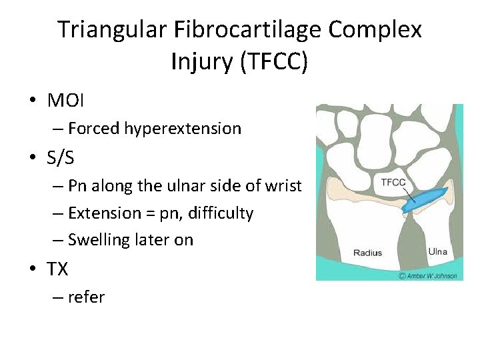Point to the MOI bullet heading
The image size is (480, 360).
(67, 101)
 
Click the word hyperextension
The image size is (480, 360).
(183, 129)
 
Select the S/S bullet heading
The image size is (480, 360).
(61, 158)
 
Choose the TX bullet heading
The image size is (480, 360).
(58, 269)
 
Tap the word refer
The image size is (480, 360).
(86, 297)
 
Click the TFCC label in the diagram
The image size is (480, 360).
(394, 181)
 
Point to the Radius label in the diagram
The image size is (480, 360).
(367, 253)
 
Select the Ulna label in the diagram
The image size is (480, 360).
(438, 251)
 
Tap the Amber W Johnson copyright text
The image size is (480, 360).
(427, 275)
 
